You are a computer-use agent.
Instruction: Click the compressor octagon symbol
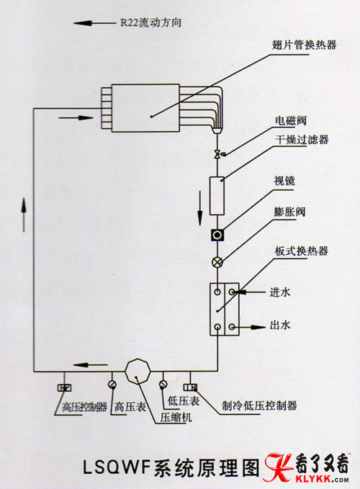138,371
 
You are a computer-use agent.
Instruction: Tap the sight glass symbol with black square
217,235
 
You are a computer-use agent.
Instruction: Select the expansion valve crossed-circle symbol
217,262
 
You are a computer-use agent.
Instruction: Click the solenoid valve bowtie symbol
217,153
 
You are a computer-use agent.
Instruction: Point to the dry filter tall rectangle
217,196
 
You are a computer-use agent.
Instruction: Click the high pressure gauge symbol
112,385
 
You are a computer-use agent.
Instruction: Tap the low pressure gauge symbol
163,385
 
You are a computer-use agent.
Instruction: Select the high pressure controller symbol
65,387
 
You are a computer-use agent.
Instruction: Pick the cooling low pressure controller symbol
191,387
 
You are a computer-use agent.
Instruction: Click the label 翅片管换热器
305,45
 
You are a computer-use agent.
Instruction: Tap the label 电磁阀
291,121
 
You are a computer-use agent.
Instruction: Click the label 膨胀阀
289,212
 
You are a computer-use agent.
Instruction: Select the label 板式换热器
302,251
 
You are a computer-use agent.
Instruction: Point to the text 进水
280,292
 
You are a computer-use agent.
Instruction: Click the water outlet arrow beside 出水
251,327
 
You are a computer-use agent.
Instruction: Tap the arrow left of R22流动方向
94,23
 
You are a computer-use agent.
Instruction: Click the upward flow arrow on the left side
24,215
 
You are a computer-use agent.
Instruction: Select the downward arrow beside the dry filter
199,208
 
